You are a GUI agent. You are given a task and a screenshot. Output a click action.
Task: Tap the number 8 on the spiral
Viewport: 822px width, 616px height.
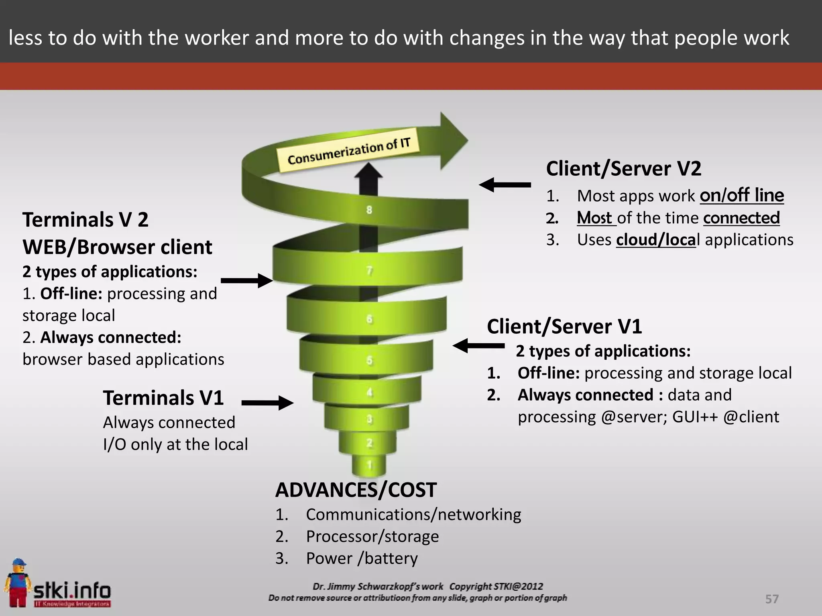point(369,210)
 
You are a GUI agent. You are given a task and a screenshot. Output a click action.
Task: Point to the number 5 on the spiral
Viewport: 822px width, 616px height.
point(369,360)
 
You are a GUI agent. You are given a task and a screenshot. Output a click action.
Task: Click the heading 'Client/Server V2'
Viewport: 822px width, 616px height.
point(623,168)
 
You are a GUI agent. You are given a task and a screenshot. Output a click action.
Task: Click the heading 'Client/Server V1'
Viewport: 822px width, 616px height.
point(564,326)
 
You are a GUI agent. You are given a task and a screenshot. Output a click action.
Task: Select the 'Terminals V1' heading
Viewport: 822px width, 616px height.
point(163,398)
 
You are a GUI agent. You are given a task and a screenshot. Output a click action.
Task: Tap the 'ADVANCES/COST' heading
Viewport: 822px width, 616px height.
point(356,490)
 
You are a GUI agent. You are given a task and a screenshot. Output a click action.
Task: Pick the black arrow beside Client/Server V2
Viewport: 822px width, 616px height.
point(505,185)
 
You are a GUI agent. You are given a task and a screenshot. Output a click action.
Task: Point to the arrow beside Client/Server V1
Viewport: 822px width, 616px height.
point(478,345)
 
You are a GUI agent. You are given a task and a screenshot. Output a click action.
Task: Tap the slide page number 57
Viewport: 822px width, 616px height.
point(772,599)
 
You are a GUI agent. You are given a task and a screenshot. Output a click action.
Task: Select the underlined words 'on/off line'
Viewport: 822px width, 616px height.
point(742,196)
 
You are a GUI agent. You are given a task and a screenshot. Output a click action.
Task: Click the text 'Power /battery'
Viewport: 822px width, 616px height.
point(362,558)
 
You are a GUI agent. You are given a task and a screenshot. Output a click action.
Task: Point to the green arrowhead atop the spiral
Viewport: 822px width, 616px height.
point(454,140)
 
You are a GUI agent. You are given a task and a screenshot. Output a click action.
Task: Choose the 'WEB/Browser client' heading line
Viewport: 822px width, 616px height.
point(117,247)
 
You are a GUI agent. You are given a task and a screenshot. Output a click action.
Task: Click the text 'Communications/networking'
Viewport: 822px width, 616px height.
point(413,515)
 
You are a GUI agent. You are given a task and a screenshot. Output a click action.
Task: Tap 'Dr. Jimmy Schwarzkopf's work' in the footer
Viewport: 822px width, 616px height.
point(378,586)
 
